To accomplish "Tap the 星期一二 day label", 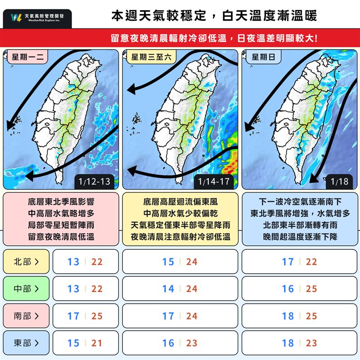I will click(27, 57).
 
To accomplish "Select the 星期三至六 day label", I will click(151, 57).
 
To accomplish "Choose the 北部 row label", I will click(26, 261).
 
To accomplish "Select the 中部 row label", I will click(26, 288).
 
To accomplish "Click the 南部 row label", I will click(26, 316).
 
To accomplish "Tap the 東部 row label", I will click(26, 343).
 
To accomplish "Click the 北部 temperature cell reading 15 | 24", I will click(180, 261).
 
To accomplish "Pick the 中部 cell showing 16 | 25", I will click(299, 288).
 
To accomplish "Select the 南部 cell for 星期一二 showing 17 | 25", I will click(85, 316).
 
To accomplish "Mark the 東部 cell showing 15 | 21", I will click(85, 343).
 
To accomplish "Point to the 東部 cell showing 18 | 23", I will click(299, 343).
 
